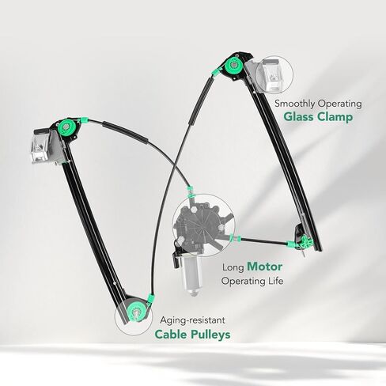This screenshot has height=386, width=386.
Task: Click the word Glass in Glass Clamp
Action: pos(299,116)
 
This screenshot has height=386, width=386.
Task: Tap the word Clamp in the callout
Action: pos(335,116)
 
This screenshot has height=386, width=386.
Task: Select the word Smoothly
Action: pos(294,104)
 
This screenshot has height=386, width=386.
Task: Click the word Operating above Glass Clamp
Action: pos(339,104)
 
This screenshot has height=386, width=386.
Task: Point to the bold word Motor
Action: pos(265,267)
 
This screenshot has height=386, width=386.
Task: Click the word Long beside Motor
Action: pos(233,267)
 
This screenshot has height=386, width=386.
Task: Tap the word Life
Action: pos(275,281)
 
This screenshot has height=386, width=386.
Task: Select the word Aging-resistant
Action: pos(193,320)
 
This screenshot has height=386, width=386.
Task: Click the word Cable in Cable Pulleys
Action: pos(171,335)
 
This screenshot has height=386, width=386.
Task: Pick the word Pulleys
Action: pos(210,335)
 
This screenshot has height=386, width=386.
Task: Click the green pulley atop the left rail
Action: pos(66,127)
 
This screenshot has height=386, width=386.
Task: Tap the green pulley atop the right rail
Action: pos(234,65)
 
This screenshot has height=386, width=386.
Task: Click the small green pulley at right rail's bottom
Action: pos(306,241)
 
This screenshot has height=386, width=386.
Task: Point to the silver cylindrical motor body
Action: pos(191,276)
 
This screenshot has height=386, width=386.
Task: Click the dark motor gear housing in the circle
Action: pos(201,225)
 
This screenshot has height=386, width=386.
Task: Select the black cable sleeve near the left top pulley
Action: pos(125,132)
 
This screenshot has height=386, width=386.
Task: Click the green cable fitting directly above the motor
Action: pos(190,192)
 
